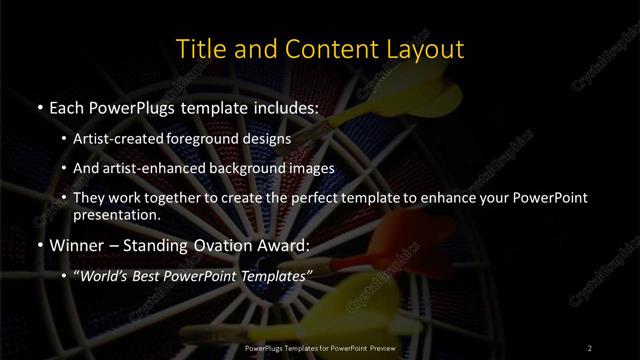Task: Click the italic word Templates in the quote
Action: click(276, 274)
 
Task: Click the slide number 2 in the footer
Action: click(590, 347)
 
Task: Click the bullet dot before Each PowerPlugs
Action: click(39, 105)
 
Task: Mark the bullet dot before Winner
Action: click(39, 244)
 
